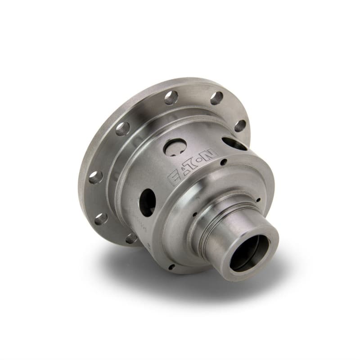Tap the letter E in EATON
(174, 179)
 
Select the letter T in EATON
(193, 166)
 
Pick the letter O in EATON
(202, 160)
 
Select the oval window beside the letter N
(234, 144)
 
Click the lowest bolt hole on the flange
(131, 238)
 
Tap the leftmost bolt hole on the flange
(95, 177)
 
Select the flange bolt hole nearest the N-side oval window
(240, 126)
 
